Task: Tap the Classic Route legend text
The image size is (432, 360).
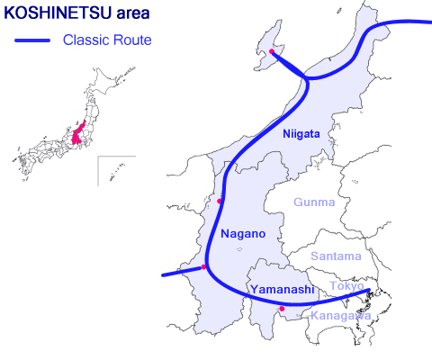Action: click(107, 40)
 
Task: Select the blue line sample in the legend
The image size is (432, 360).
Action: click(34, 40)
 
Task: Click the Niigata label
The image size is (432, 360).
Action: click(301, 134)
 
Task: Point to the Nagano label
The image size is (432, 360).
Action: click(243, 234)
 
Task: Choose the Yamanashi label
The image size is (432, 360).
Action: click(281, 289)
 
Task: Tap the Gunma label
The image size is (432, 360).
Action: click(314, 202)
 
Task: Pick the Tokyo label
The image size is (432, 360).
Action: click(346, 286)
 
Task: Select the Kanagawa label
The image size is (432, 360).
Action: click(339, 316)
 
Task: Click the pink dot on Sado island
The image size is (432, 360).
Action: click(272, 52)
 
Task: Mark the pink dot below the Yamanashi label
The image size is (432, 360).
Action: click(283, 309)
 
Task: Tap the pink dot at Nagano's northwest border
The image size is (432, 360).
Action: click(220, 200)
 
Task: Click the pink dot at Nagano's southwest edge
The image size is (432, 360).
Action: click(204, 267)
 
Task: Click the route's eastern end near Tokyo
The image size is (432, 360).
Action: click(368, 291)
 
